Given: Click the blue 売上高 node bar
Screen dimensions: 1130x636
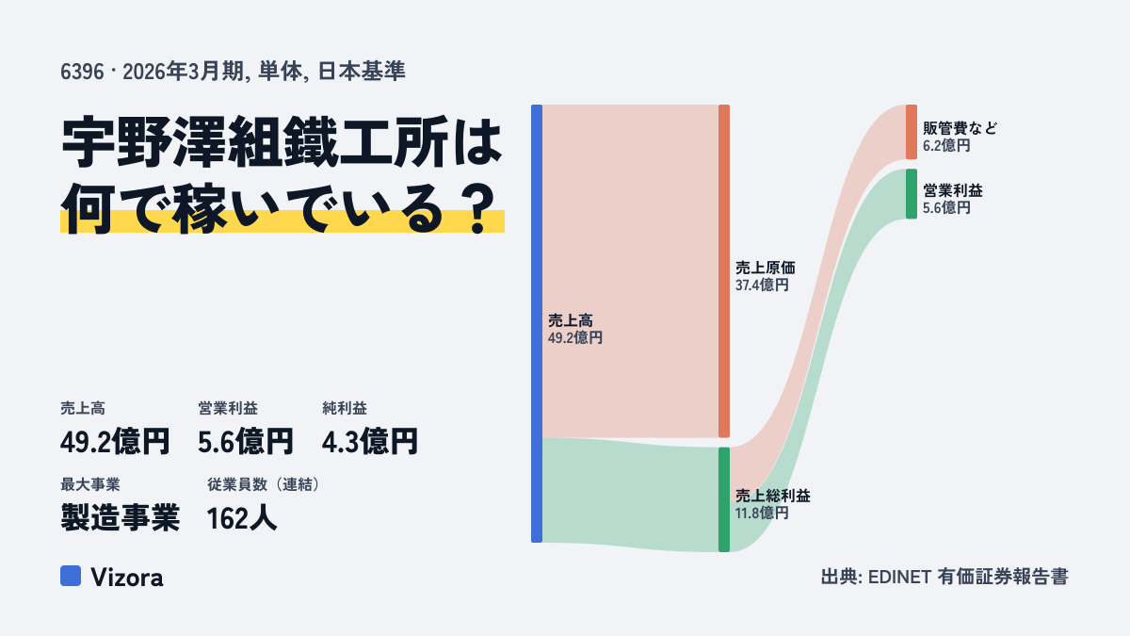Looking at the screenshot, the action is (x=537, y=323).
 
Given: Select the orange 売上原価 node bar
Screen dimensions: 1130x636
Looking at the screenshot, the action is (x=724, y=271).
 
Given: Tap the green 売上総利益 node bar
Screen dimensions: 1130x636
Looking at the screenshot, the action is (x=724, y=499).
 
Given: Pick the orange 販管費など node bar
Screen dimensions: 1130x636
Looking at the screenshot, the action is (x=912, y=132).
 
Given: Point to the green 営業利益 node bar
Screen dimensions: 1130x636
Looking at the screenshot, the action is (x=912, y=194).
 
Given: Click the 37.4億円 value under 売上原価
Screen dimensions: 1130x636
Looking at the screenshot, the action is (x=762, y=285).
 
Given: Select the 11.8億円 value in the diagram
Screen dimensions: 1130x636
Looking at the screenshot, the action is (x=762, y=514).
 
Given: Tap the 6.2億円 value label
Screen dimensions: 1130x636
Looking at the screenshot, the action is (x=947, y=146).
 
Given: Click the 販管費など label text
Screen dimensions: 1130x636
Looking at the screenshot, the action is (x=960, y=128).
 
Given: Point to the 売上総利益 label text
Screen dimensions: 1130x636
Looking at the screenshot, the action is (x=772, y=496).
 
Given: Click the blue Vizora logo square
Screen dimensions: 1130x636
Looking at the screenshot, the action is (x=71, y=576).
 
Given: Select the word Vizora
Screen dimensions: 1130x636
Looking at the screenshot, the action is (x=127, y=578).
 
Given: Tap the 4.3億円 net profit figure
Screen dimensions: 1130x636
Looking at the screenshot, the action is (x=370, y=442).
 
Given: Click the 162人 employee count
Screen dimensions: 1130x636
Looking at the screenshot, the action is (x=242, y=518).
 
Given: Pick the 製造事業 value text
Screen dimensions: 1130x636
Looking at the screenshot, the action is (x=121, y=518).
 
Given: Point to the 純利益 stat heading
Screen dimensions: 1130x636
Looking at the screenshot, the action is (x=345, y=408).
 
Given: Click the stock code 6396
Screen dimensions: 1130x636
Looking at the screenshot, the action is (x=82, y=72).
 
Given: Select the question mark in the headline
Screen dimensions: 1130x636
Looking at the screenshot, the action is (x=478, y=209).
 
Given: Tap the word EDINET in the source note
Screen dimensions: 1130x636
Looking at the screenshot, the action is (x=899, y=577).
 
